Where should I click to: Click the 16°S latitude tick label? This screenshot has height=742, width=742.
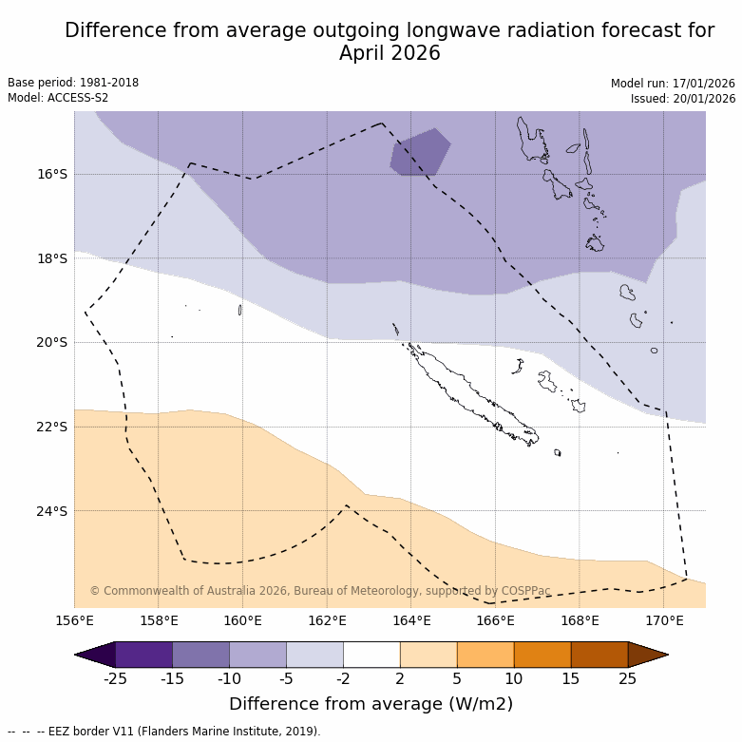(52, 174)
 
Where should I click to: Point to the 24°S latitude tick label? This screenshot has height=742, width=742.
(52, 511)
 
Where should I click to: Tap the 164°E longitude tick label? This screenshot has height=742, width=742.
(411, 621)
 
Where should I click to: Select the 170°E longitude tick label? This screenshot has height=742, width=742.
(664, 621)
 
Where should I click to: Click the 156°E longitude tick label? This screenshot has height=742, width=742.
(74, 621)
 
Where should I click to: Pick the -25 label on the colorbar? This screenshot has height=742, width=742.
(115, 678)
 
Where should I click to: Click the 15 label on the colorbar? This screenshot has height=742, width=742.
(571, 678)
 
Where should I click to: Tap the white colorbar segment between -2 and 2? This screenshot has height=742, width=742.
(371, 655)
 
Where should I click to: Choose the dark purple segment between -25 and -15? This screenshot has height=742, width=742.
(143, 655)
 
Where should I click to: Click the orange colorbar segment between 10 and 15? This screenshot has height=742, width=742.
(542, 655)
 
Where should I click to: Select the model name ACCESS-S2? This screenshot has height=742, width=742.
(80, 98)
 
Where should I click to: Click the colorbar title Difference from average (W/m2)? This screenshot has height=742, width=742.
(371, 704)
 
